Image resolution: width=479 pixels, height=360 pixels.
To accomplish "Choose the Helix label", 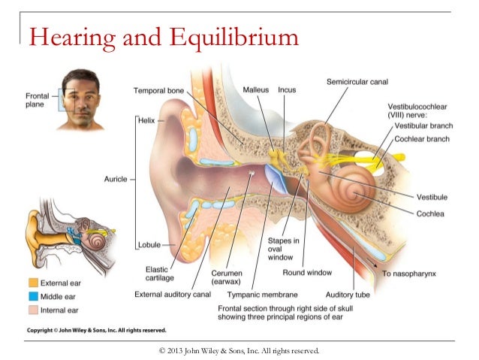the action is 147,119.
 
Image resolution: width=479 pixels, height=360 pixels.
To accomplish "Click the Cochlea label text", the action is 432,213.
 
